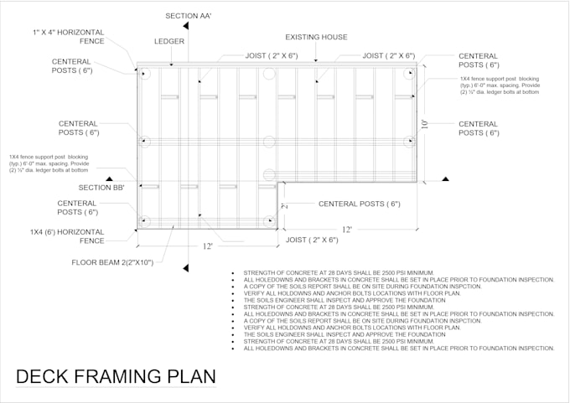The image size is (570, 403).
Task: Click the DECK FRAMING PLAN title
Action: coord(116,376)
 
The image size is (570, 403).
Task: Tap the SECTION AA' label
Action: coord(189,16)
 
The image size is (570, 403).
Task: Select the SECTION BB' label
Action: coord(101,188)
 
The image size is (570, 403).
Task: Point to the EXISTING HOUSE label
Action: coord(316,37)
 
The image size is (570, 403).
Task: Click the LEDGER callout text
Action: coord(169,40)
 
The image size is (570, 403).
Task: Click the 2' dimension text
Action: coord(284,205)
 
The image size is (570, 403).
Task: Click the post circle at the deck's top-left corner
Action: coord(145,74)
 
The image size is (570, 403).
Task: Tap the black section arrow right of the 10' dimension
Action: coord(445,178)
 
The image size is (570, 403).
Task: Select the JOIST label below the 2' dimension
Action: coord(312,240)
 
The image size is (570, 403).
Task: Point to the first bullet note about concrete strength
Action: coord(338,273)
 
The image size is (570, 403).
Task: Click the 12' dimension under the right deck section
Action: coord(345,230)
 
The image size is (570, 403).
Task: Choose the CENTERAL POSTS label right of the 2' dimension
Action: coord(359,204)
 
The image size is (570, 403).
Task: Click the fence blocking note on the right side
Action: coord(499,85)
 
